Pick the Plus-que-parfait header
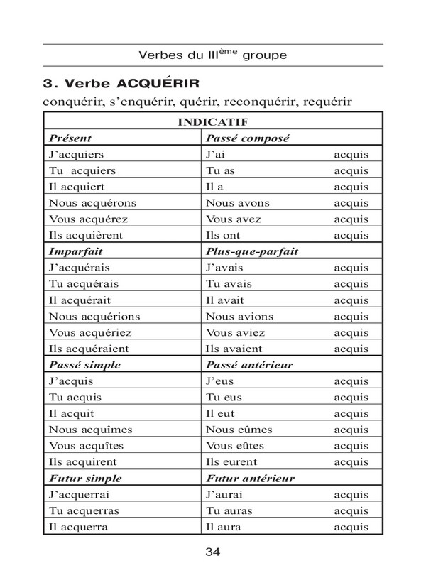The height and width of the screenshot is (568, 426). pyautogui.click(x=252, y=251)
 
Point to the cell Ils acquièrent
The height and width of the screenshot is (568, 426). pyautogui.click(x=86, y=235)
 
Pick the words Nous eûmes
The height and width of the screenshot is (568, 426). pyautogui.click(x=236, y=430)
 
